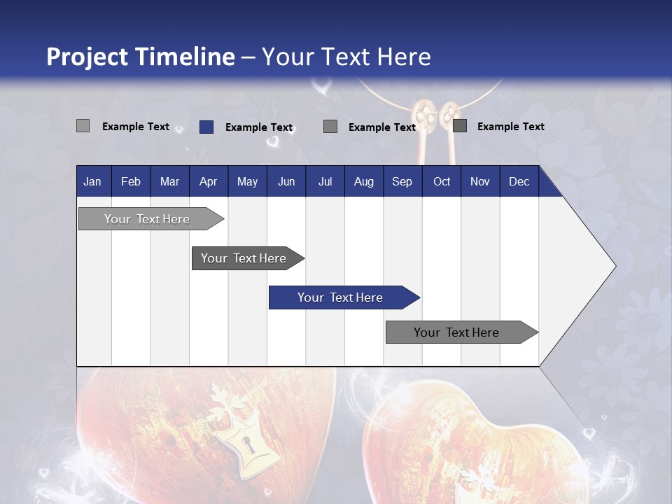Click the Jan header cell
tap(92, 181)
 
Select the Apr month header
tap(208, 181)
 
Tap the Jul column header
tap(325, 181)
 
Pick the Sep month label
tap(402, 181)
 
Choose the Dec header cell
tap(519, 181)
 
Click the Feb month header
tap(131, 181)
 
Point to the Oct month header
tap(442, 181)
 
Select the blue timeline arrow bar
tap(344, 297)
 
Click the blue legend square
tap(206, 127)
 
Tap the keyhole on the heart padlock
tap(246, 443)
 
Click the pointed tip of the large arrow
tap(614, 266)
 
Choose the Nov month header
tap(479, 181)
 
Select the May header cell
tap(247, 181)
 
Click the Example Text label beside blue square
tap(258, 127)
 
